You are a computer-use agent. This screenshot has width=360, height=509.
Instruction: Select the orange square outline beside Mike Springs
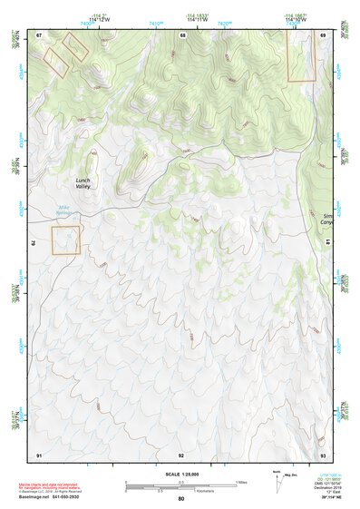(65, 240)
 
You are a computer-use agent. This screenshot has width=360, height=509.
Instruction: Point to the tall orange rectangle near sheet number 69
(301, 57)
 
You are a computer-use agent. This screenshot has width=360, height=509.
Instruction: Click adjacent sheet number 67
(40, 34)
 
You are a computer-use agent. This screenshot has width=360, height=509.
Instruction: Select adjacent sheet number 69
(323, 34)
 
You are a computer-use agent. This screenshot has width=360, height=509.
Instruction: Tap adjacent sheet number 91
(39, 454)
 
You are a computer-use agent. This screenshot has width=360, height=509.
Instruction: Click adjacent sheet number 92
(181, 454)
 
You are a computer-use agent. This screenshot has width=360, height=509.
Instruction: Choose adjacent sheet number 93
(323, 454)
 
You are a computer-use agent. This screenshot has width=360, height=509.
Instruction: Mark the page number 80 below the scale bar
(181, 499)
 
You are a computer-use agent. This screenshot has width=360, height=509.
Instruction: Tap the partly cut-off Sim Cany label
(328, 219)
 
